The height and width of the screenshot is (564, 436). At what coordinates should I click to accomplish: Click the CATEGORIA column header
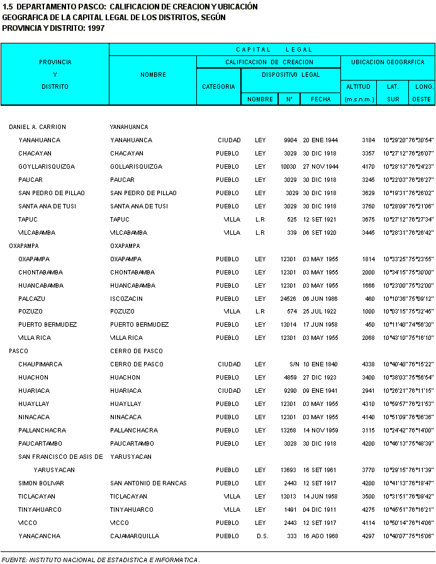tap(218, 86)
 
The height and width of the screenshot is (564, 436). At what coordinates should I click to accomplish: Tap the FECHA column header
tap(320, 99)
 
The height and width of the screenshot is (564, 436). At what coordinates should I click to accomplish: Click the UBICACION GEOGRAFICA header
tap(388, 62)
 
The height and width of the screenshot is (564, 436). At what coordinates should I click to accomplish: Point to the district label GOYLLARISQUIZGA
tap(47, 167)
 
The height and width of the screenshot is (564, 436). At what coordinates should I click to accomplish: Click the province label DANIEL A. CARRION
tap(37, 127)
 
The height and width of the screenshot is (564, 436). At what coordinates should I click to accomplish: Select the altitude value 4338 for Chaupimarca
tap(368, 364)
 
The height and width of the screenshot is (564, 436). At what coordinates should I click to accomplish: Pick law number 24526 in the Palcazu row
tap(288, 298)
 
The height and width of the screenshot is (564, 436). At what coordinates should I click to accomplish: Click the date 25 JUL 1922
tap(320, 312)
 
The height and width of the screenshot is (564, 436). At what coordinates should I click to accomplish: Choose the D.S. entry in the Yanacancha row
tap(262, 536)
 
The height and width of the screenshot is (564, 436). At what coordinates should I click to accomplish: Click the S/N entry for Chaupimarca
tap(292, 364)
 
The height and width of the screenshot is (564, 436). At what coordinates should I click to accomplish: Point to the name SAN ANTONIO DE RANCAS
tap(148, 483)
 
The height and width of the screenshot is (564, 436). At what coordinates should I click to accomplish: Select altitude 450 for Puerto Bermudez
tap(371, 325)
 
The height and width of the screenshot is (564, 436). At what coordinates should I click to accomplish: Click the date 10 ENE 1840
tap(320, 364)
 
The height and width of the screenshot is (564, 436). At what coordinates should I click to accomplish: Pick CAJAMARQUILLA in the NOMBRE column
tap(134, 536)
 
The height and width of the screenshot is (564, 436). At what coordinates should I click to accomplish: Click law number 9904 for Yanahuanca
tap(290, 140)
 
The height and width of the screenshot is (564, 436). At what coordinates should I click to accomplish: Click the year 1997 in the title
tap(96, 28)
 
